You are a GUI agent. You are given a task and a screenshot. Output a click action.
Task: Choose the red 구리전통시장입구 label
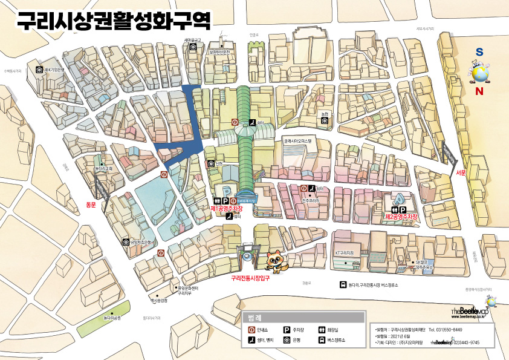click(x=250, y=278)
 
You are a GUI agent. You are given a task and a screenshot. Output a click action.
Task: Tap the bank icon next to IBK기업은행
click(x=39, y=70)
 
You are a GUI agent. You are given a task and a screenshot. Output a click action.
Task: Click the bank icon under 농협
click(x=325, y=120)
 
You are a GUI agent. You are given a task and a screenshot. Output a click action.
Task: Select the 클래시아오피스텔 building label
click(x=300, y=140)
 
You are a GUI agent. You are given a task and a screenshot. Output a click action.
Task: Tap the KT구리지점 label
click(x=344, y=252)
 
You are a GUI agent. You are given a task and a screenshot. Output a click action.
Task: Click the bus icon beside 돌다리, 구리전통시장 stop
click(x=343, y=285)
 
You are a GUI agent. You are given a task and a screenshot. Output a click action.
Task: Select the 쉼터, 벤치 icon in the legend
click(x=252, y=341)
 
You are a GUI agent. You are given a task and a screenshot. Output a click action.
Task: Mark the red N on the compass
click(x=479, y=92)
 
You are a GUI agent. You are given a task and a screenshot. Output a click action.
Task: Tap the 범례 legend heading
click(x=254, y=317)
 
